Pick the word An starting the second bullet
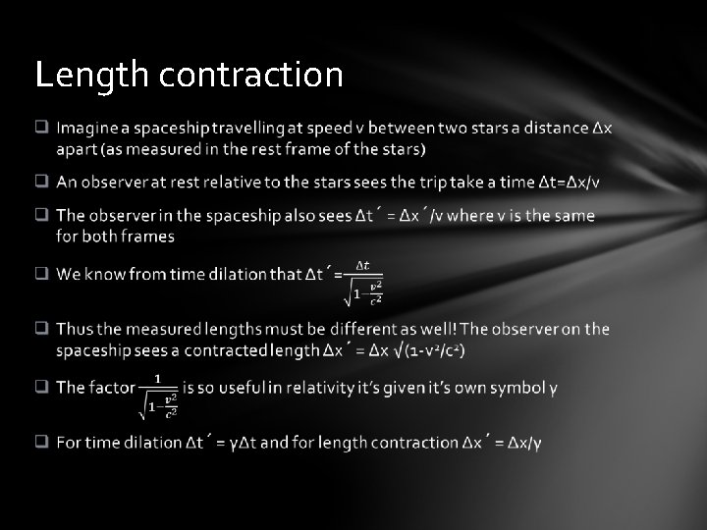67,182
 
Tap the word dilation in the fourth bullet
233,274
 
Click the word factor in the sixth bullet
111,388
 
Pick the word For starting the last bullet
69,443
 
